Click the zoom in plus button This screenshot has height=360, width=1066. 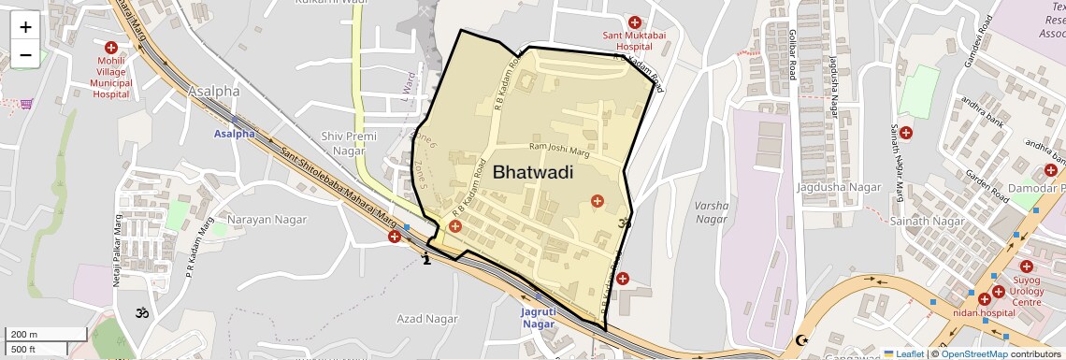[x=25, y=27]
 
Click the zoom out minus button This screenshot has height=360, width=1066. [x=25, y=55]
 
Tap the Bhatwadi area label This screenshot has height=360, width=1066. [x=532, y=172]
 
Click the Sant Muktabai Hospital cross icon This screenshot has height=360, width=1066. [x=635, y=22]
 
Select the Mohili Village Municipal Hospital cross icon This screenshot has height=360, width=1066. [x=111, y=47]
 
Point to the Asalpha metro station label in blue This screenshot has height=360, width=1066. [x=234, y=134]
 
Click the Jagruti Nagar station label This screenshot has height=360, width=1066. [x=538, y=318]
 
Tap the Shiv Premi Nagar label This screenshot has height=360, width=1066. [x=348, y=143]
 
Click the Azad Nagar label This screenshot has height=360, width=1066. [x=427, y=319]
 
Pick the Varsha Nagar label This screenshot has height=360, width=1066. [x=712, y=211]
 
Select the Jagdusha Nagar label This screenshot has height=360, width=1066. [x=839, y=187]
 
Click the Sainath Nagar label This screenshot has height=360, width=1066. [x=927, y=221]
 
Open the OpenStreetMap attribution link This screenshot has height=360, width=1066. [x=974, y=353]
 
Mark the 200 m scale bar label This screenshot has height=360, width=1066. [x=23, y=335]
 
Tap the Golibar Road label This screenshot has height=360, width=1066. [x=791, y=52]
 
